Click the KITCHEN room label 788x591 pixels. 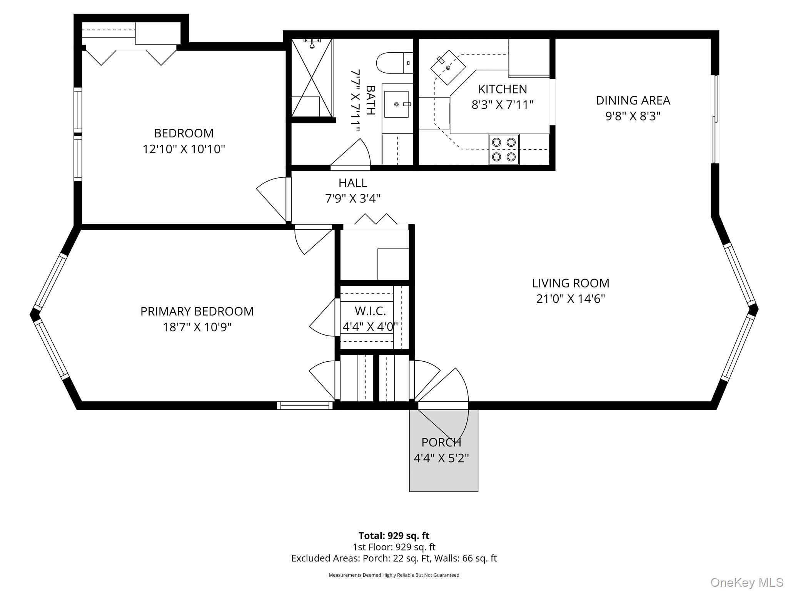[503, 89]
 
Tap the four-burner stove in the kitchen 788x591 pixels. [504, 149]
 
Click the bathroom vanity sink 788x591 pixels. [397, 104]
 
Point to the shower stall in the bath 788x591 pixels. [312, 77]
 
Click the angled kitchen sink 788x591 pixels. [448, 67]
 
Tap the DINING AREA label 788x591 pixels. [633, 100]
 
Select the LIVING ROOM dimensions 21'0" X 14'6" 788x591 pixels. [571, 299]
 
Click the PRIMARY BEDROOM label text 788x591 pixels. [197, 311]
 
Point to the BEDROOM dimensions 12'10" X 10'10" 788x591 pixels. [184, 149]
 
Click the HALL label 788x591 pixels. [353, 183]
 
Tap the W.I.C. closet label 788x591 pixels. [370, 311]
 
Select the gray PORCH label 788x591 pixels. [441, 442]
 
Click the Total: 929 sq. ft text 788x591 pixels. [394, 536]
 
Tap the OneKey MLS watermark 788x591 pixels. [747, 583]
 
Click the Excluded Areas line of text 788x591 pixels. [394, 558]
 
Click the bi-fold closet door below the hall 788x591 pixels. [376, 220]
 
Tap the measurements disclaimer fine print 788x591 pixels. [394, 575]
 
